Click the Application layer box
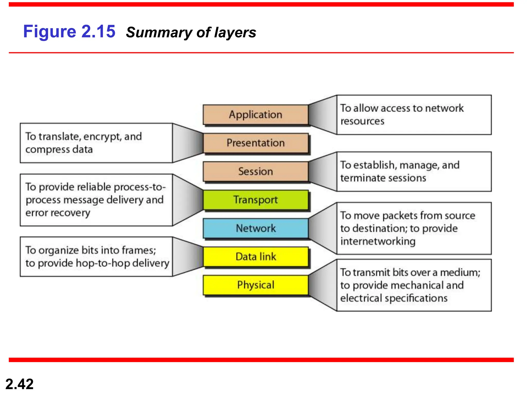(255, 114)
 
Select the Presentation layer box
(255, 143)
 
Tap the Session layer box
(255, 172)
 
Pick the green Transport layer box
(255, 200)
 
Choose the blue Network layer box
(255, 228)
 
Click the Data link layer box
(255, 257)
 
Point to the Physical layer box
(255, 285)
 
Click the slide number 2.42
(19, 384)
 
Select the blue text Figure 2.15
(69, 31)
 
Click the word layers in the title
(235, 33)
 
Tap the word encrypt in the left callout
(102, 137)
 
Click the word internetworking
(378, 241)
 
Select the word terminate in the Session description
(359, 178)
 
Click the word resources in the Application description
(362, 121)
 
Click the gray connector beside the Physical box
(323, 285)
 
